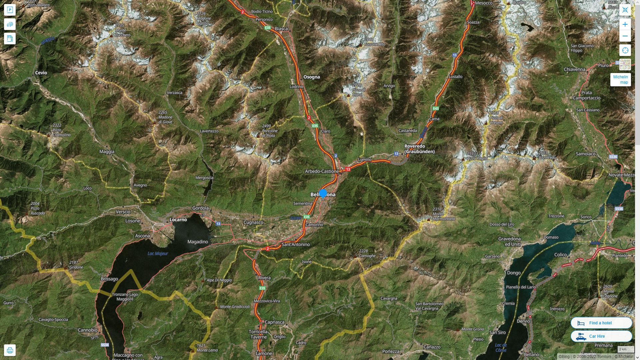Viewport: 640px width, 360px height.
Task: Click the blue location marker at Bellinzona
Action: pos(323,193)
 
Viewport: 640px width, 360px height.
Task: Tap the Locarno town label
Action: pos(178,220)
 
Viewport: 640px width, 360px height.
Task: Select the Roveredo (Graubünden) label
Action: pos(419,149)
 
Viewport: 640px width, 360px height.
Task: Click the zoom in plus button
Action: pos(625,24)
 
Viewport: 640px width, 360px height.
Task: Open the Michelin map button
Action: pos(620,80)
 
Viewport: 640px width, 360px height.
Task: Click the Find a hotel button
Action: pos(601,323)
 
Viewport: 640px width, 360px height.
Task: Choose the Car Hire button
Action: pos(601,336)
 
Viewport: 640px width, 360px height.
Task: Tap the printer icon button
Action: pos(10,350)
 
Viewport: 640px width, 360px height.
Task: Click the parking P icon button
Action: pos(10,10)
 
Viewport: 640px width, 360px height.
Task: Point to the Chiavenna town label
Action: pos(575,69)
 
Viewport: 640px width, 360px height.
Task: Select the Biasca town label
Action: pos(281,29)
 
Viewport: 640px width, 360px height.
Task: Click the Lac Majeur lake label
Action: pos(158,254)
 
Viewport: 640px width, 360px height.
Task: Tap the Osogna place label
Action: pos(311,77)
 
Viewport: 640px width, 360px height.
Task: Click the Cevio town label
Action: pos(41,73)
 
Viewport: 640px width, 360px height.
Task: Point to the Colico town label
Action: pos(560,255)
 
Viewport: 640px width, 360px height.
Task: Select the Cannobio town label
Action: pos(88,330)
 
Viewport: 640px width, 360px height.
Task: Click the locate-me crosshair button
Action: pos(625,50)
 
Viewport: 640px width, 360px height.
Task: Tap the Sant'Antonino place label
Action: pos(296,244)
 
